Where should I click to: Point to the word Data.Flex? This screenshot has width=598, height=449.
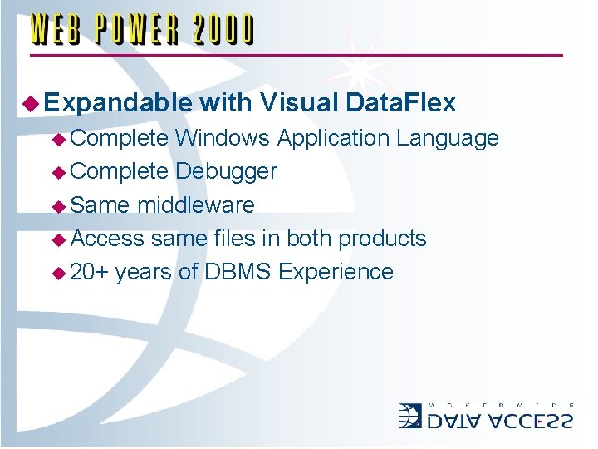tap(399, 103)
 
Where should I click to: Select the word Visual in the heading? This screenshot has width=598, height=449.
tap(297, 103)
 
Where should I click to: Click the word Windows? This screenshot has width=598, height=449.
tap(222, 138)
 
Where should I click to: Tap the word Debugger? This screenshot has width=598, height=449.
tap(226, 171)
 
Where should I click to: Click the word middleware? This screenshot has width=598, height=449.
tap(196, 205)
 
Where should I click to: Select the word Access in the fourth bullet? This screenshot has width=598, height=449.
tap(107, 239)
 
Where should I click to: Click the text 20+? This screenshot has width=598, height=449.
tap(91, 272)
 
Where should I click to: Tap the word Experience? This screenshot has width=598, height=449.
tap(336, 272)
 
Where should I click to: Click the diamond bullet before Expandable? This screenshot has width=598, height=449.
tap(32, 104)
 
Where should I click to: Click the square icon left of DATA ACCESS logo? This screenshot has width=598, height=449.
tap(410, 415)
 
